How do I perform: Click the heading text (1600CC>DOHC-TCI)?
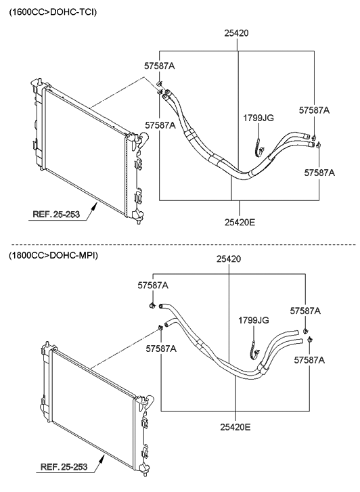coord(53,12)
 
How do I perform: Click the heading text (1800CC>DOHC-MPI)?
coord(53,256)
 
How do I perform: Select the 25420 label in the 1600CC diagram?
coord(236,33)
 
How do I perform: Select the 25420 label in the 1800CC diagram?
coord(229,259)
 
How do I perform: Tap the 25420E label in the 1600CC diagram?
coord(240,222)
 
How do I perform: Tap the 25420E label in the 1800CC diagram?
coord(235,427)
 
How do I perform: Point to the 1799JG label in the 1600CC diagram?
coord(258,118)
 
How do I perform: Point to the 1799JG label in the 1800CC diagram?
coord(254,320)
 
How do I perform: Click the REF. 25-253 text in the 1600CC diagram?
coord(56,215)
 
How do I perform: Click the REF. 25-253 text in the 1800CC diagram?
coord(64,466)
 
